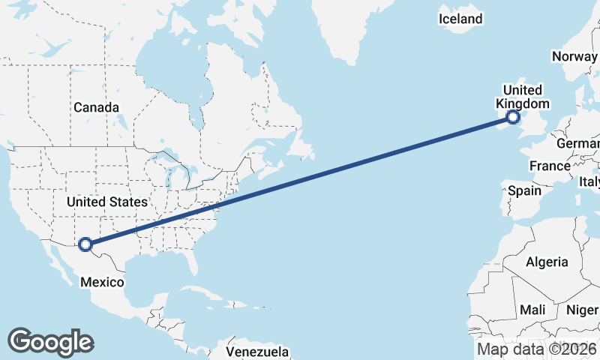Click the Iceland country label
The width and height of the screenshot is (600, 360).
tap(460, 19)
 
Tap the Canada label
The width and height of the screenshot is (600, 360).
tap(96, 107)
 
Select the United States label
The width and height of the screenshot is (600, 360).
tap(106, 202)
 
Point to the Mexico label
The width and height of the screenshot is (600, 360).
tap(102, 282)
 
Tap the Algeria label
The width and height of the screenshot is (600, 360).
tap(547, 262)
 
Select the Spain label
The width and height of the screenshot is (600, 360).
tap(524, 190)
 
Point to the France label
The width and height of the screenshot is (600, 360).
tap(550, 166)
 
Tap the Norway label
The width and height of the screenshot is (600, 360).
tap(575, 56)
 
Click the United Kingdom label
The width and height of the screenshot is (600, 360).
tap(523, 97)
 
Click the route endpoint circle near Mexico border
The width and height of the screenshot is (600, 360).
tap(85, 244)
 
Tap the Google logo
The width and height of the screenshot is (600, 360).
tap(50, 341)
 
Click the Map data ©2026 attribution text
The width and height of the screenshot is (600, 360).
tap(537, 349)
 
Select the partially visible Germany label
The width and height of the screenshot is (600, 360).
tap(578, 143)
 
